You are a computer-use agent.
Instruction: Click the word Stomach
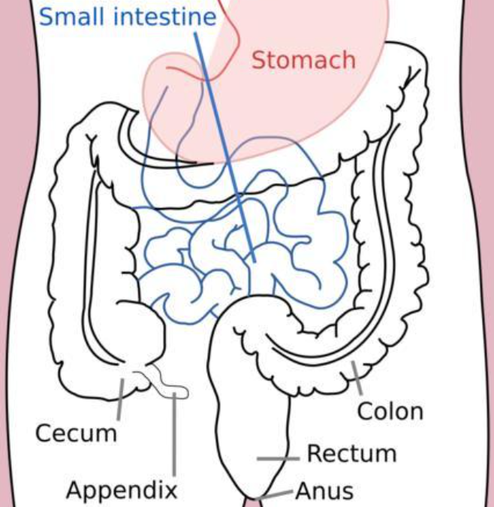click(303, 59)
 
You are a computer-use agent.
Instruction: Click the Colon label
click(390, 411)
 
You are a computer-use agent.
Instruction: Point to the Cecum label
click(77, 433)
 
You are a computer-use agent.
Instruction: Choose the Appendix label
click(122, 490)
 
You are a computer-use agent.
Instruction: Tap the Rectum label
click(351, 454)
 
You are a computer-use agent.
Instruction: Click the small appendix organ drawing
click(169, 382)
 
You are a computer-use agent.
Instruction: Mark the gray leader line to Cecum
click(119, 399)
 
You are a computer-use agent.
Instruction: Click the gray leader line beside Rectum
click(279, 458)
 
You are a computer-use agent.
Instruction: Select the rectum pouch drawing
click(252, 406)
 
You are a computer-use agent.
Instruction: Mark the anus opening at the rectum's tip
click(260, 497)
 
